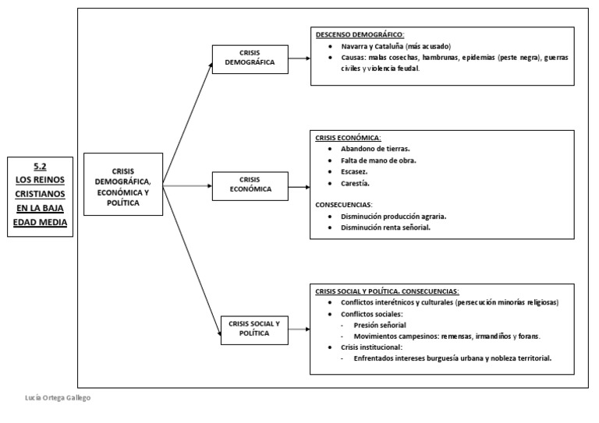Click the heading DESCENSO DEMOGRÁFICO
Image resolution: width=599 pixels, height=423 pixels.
[360, 36]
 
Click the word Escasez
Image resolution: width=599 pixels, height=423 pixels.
[354, 171]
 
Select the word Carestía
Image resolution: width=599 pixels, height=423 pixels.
[355, 183]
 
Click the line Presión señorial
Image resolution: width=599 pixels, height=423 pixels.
[380, 325]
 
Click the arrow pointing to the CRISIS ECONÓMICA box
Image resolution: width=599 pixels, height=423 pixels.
[204, 186]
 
